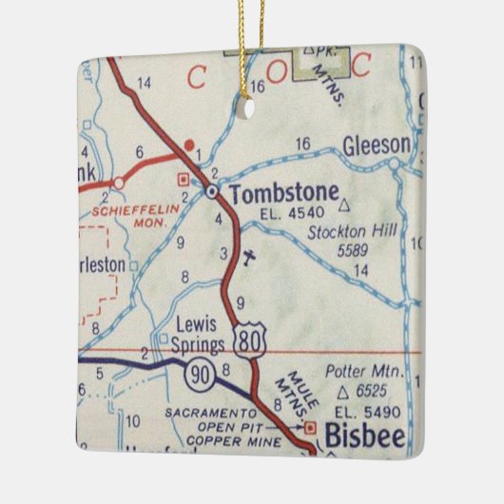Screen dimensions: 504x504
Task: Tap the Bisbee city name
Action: point(366,437)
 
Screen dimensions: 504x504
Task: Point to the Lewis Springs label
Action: point(199,334)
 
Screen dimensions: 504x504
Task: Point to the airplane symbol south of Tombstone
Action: point(248,257)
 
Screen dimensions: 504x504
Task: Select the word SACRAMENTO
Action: point(210,414)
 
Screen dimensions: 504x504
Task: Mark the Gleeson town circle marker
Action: point(395,164)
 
